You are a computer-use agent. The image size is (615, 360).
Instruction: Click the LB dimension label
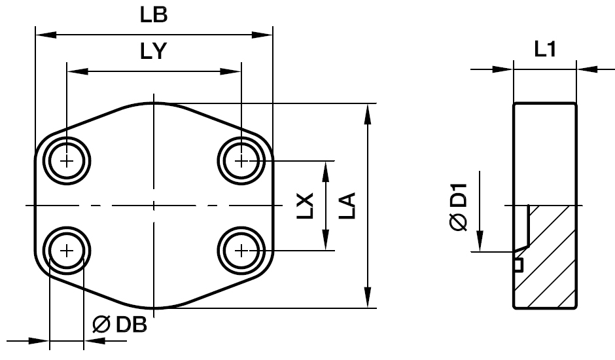tap(154, 16)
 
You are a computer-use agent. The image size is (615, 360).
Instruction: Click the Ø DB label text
tap(120, 325)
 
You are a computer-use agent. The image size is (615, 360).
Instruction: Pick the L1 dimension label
tap(545, 50)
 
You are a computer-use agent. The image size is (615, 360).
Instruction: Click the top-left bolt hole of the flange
tap(67, 160)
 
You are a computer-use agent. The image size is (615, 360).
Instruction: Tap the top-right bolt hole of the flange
tap(242, 160)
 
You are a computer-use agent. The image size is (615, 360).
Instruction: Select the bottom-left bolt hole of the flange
tap(67, 250)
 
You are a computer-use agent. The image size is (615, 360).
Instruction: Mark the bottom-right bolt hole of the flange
tap(242, 250)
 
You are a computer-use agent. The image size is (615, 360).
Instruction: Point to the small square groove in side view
tap(518, 264)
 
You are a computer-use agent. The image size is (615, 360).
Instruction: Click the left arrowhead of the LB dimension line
tap(42, 34)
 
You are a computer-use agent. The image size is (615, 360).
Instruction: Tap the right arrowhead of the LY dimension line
tap(235, 71)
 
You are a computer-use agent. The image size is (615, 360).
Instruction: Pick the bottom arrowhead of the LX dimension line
tap(326, 243)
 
